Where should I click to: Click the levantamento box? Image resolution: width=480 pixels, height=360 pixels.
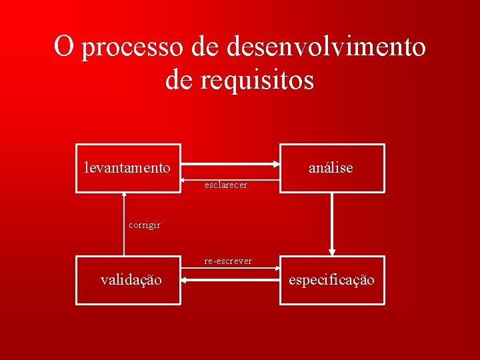click(128, 168)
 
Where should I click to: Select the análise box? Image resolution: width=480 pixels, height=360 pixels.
click(331, 168)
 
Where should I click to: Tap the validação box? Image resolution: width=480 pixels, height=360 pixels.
click(128, 280)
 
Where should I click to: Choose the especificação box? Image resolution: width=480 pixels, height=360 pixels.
click(331, 280)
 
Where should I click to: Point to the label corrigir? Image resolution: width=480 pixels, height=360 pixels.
click(144, 225)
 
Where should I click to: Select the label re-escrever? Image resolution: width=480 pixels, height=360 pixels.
click(228, 261)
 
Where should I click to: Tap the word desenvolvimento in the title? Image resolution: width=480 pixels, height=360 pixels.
click(327, 47)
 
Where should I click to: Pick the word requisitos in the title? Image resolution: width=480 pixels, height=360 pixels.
click(257, 80)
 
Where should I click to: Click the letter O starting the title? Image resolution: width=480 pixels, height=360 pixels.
click(64, 47)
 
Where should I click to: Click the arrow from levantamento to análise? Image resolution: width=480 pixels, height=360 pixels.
click(230, 163)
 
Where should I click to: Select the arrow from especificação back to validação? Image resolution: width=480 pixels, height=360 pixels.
click(230, 281)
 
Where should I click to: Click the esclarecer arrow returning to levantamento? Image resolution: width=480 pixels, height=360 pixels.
click(230, 179)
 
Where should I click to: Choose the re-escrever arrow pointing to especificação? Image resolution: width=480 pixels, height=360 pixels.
click(230, 269)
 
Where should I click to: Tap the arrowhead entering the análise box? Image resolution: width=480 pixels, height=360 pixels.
click(275, 163)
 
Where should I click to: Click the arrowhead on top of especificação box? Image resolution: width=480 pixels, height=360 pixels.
click(331, 252)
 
